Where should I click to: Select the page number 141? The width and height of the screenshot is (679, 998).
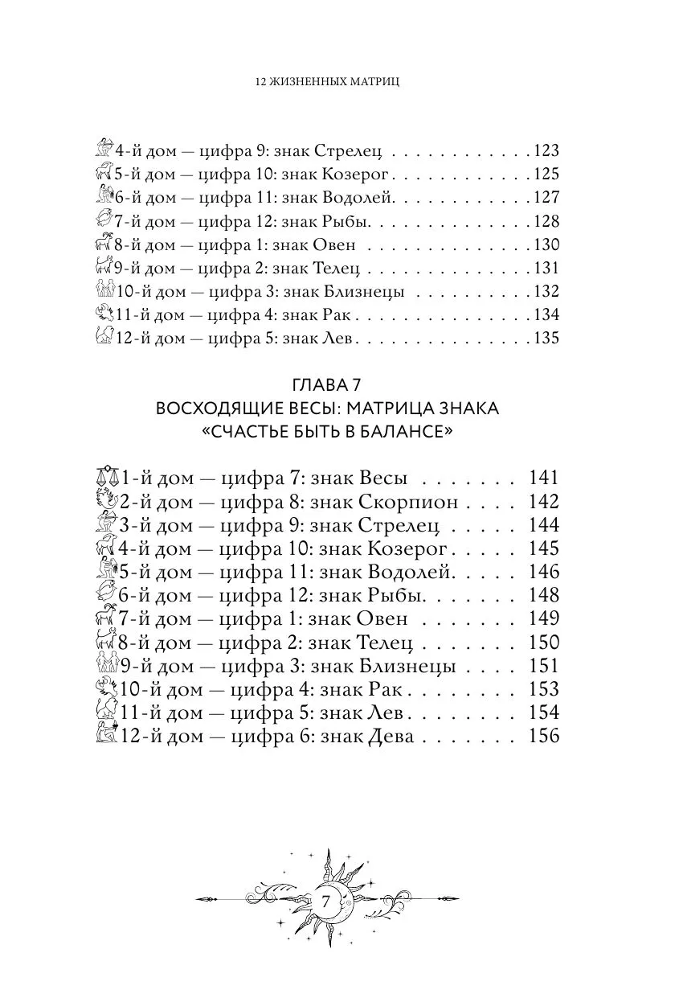pos(544,478)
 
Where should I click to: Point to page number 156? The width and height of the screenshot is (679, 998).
pos(544,736)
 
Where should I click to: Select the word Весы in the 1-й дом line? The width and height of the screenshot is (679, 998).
pos(382,478)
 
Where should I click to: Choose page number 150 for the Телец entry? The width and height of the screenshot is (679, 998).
pos(544,643)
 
